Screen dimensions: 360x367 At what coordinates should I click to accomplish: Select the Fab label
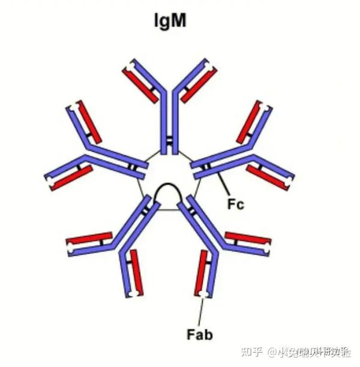coord(200,334)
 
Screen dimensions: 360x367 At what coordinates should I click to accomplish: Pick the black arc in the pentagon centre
coord(169,192)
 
